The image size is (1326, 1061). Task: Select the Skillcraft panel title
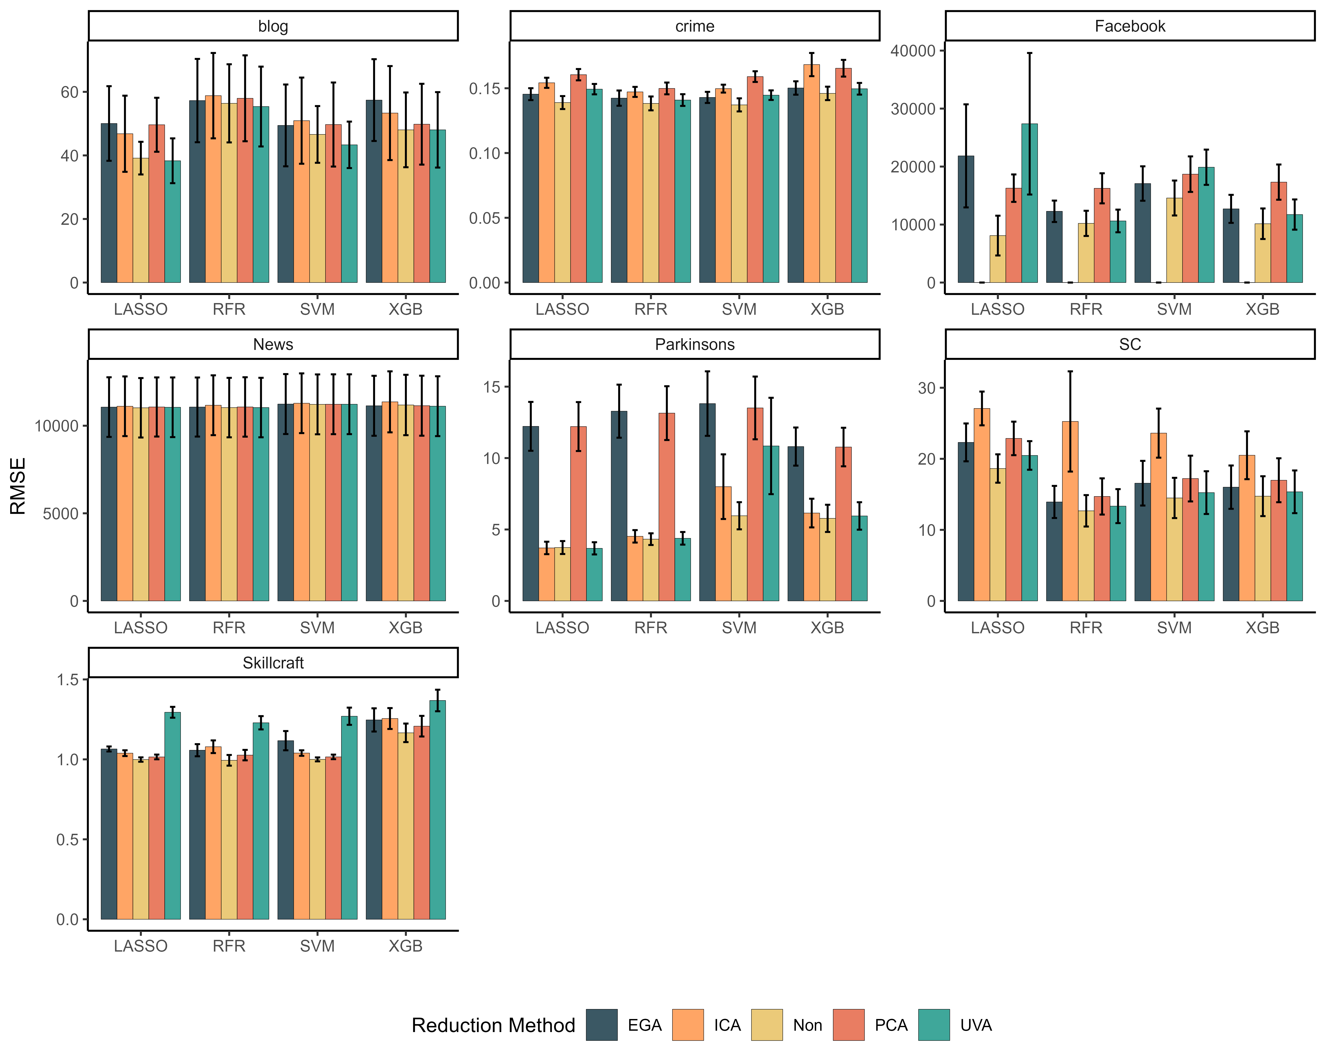(x=273, y=663)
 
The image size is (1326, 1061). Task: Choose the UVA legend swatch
(x=934, y=1025)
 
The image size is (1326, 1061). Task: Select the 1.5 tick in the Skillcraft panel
(x=68, y=680)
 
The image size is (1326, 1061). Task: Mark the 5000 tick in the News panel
(x=60, y=513)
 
